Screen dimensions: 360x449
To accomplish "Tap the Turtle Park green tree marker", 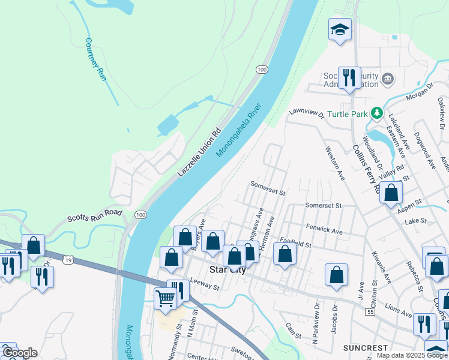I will pyautogui.click(x=376, y=112).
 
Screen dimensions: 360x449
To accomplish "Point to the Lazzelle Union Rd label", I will pyautogui.click(x=199, y=153).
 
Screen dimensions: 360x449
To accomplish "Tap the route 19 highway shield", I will pyautogui.click(x=68, y=260).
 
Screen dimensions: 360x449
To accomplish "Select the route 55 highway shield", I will pyautogui.click(x=371, y=313).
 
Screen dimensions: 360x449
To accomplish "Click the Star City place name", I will pyautogui.click(x=227, y=270).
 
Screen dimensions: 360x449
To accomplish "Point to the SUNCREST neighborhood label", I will pyautogui.click(x=366, y=348).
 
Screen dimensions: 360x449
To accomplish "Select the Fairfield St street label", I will pyautogui.click(x=295, y=244).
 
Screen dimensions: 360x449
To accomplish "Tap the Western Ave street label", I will pyautogui.click(x=335, y=163).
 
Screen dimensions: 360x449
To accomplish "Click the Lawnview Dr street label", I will pyautogui.click(x=306, y=112).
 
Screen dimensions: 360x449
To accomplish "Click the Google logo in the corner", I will pyautogui.click(x=19, y=353).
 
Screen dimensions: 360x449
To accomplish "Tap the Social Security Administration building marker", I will pyautogui.click(x=388, y=79).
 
